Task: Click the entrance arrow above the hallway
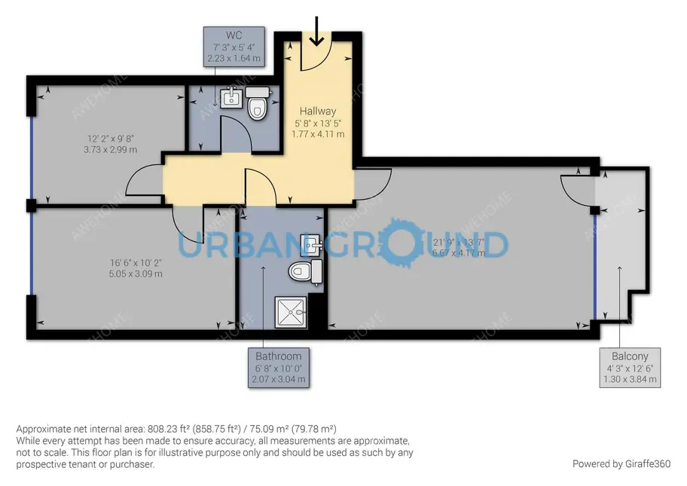(316, 31)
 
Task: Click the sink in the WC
(231, 99)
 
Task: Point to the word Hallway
(317, 112)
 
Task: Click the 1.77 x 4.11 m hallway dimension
(318, 134)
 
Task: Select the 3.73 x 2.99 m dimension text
(112, 149)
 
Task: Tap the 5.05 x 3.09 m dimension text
(136, 274)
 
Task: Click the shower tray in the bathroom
(290, 312)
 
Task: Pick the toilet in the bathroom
(306, 271)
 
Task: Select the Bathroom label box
(278, 368)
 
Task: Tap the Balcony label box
(631, 368)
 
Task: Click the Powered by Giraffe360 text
(621, 463)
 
